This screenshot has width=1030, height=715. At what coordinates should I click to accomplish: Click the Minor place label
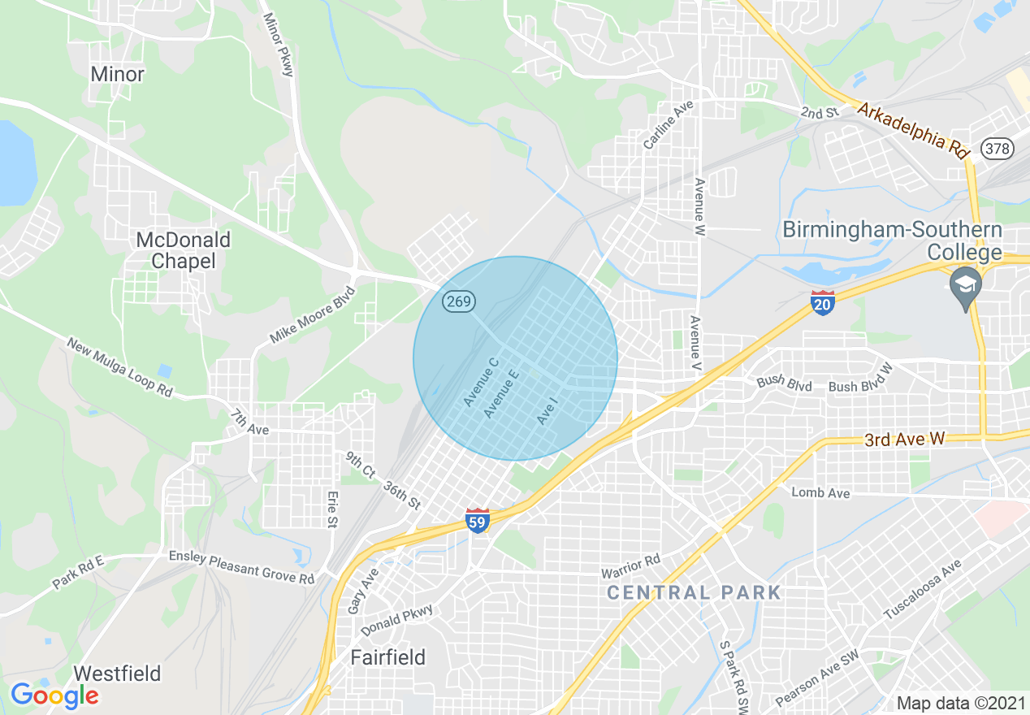click(117, 74)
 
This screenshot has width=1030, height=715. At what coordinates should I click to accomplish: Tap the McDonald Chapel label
click(184, 250)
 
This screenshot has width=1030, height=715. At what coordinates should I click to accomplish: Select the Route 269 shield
click(459, 302)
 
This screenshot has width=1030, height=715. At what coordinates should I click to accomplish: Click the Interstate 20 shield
click(822, 303)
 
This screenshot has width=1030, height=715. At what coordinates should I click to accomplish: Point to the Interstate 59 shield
click(478, 521)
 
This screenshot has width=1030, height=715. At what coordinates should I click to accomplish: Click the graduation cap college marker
click(966, 286)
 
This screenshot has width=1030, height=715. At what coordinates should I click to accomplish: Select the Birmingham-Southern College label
click(892, 240)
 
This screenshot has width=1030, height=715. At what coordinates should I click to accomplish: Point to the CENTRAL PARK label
click(694, 592)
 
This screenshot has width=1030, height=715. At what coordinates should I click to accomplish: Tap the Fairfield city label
click(387, 657)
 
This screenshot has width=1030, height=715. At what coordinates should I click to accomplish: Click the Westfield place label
click(117, 674)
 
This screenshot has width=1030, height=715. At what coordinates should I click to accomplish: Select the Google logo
click(54, 695)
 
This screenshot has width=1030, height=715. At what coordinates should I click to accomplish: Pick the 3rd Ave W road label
click(904, 440)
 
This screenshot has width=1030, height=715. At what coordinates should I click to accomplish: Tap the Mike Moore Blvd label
click(314, 314)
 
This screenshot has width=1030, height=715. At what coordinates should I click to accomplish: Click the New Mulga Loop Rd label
click(119, 367)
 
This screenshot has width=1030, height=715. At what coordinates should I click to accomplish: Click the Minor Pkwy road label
click(276, 45)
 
